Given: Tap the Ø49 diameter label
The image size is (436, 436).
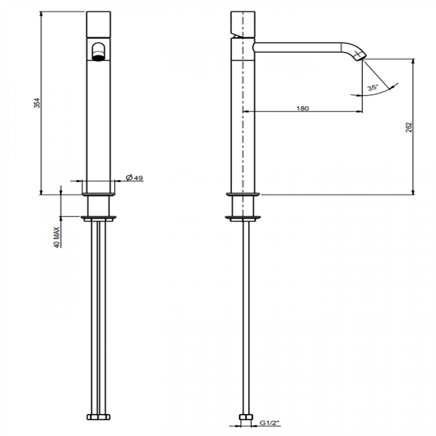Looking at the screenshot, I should (x=134, y=177).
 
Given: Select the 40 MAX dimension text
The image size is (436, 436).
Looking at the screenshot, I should (x=57, y=237).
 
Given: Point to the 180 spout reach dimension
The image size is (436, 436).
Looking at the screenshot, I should (x=302, y=108).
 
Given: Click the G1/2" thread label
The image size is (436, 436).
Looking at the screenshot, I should (x=270, y=423).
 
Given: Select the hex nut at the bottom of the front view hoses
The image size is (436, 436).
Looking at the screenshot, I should (x=98, y=417).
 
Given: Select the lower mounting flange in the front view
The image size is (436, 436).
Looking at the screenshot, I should (x=99, y=219).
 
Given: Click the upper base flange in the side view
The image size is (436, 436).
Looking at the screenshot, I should (x=243, y=194).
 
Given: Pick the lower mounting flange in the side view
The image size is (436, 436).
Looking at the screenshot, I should (x=243, y=219).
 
